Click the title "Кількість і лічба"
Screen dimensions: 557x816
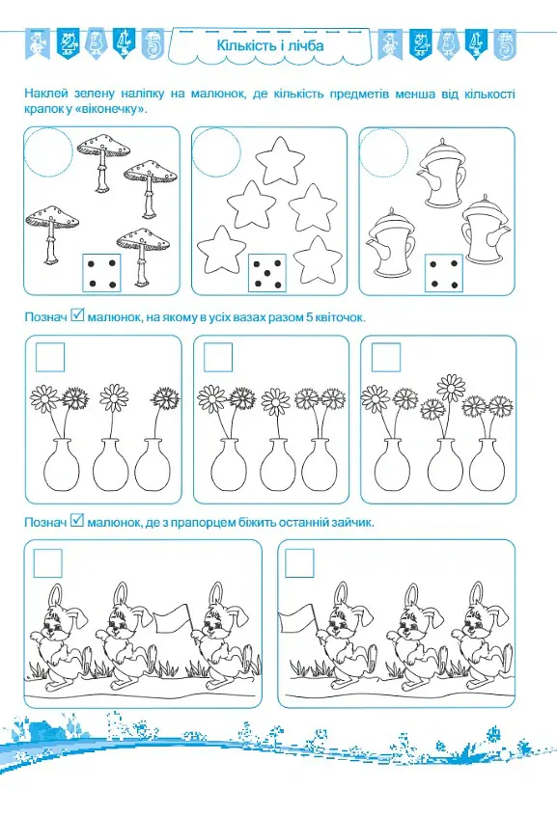click(270, 45)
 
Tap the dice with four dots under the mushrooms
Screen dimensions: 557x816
click(101, 273)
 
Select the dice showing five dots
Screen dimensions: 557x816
click(267, 273)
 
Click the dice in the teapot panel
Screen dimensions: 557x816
click(444, 273)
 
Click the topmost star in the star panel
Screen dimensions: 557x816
click(280, 160)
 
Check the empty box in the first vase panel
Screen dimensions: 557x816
click(50, 357)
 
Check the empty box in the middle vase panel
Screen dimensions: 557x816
click(218, 357)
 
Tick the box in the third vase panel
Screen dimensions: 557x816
click(386, 357)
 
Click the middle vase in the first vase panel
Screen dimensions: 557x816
click(110, 464)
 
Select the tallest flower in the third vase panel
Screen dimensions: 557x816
click(451, 388)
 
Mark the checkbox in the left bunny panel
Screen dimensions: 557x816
click(48, 563)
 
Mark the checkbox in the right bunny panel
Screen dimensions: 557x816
click(299, 563)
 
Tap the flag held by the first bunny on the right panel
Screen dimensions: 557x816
click(297, 619)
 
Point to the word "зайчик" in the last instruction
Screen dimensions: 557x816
click(355, 522)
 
